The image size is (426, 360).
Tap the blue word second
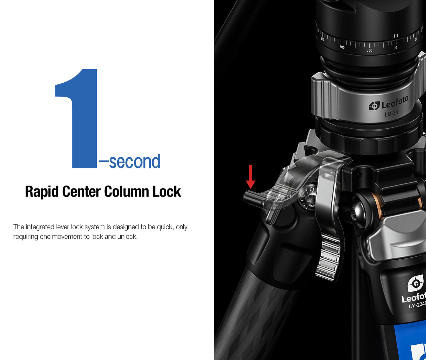[x=135, y=161]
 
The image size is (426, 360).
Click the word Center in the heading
[x=81, y=191]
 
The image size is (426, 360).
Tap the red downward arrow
[x=251, y=177]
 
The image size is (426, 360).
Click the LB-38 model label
[x=391, y=113]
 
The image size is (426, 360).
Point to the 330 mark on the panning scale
[x=369, y=50]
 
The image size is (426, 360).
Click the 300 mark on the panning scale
[x=342, y=48]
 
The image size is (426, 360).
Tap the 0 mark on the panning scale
[x=396, y=48]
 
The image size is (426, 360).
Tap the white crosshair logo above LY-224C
[x=416, y=283]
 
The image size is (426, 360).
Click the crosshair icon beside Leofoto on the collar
[x=374, y=106]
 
